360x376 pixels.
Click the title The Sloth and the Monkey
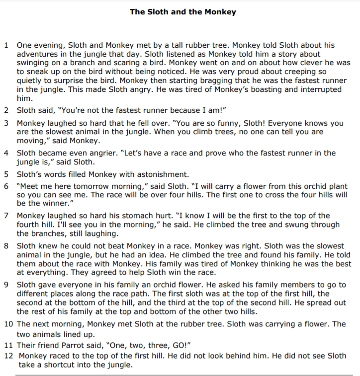click(182, 11)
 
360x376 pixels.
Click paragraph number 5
click(6, 174)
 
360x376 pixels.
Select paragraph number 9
click(6, 285)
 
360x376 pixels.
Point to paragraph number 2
click(6, 110)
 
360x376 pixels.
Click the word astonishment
click(158, 174)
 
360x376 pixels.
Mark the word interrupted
click(314, 89)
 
